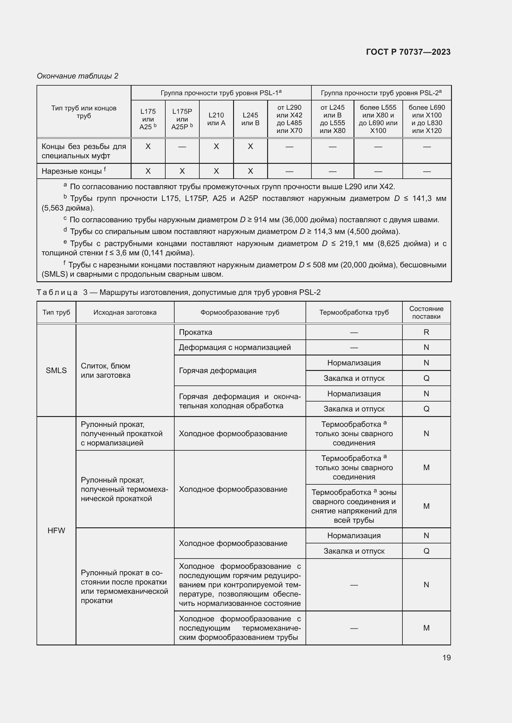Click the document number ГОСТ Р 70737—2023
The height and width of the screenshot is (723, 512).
pyautogui.click(x=408, y=52)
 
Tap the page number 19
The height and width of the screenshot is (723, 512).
pyautogui.click(x=446, y=657)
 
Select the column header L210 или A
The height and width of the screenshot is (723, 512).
pyautogui.click(x=216, y=119)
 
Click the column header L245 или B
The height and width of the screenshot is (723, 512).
pyautogui.click(x=250, y=119)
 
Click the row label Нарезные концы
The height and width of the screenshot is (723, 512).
pyautogui.click(x=72, y=171)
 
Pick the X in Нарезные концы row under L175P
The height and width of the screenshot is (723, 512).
pyautogui.click(x=182, y=171)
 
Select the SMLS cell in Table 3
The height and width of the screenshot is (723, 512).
pyautogui.click(x=56, y=370)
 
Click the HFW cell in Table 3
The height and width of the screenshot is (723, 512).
pyautogui.click(x=56, y=531)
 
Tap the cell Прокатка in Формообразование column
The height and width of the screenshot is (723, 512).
pyautogui.click(x=195, y=332)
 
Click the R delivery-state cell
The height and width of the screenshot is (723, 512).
pyautogui.click(x=426, y=332)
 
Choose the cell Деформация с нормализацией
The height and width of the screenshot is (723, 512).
pyautogui.click(x=235, y=347)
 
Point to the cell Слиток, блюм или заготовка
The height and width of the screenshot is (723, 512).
pyautogui.click(x=106, y=370)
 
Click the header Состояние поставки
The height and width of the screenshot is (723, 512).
pyautogui.click(x=426, y=313)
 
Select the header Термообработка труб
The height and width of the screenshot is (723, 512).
pyautogui.click(x=354, y=313)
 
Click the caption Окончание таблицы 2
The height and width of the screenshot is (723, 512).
pyautogui.click(x=78, y=76)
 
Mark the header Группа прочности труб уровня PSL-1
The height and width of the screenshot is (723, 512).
pyautogui.click(x=221, y=93)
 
